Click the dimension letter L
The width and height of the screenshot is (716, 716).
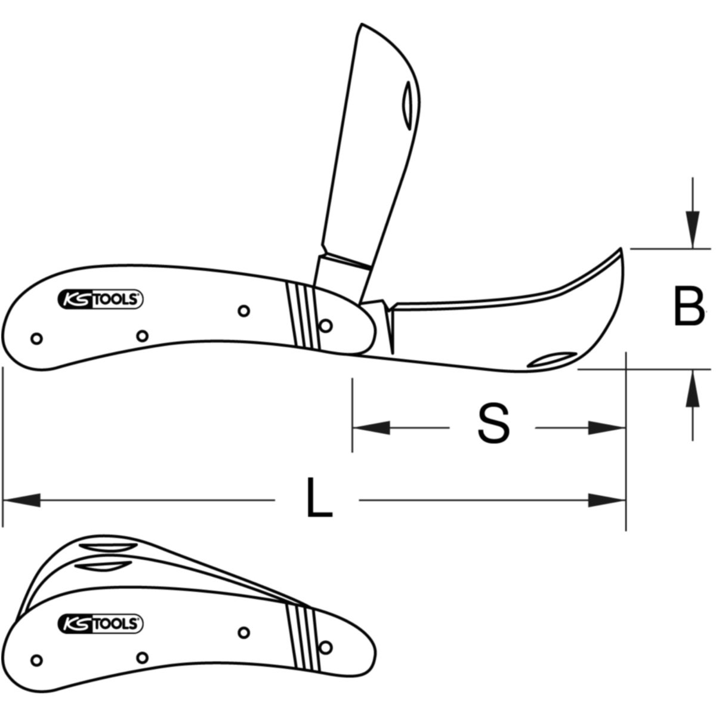(319, 498)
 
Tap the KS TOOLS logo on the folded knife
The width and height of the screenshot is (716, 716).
(100, 625)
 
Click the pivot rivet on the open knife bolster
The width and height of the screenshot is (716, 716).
(326, 325)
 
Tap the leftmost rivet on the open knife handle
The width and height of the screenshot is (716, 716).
(36, 338)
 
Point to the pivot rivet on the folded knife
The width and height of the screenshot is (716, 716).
(326, 647)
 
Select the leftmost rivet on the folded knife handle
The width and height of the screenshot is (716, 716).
(36, 660)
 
